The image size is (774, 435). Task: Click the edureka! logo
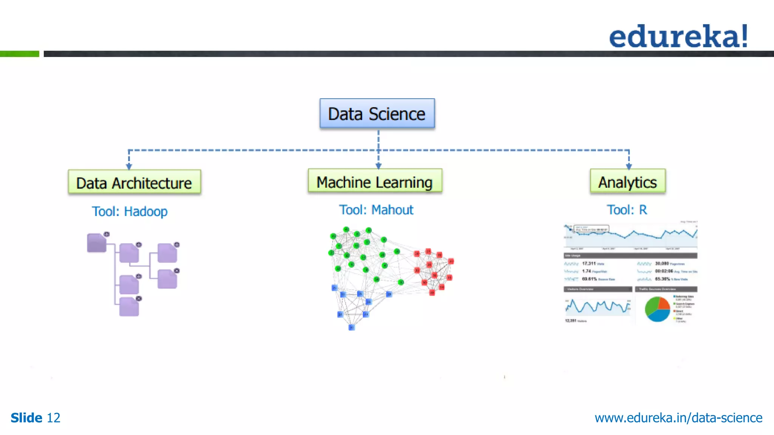click(x=678, y=36)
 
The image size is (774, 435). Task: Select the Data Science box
click(x=377, y=114)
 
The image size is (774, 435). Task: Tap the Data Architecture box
click(x=134, y=183)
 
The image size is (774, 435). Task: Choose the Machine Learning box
click(x=375, y=182)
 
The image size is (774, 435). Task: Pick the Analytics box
click(x=627, y=182)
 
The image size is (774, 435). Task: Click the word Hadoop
click(x=146, y=211)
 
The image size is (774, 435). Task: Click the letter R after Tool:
click(x=643, y=210)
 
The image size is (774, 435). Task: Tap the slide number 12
click(x=53, y=418)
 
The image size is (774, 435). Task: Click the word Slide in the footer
click(x=26, y=418)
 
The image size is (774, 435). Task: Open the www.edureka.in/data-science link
click(x=678, y=418)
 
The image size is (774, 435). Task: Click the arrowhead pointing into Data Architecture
click(x=129, y=167)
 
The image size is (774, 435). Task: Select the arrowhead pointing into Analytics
click(x=629, y=166)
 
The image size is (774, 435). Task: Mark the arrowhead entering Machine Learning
click(x=378, y=166)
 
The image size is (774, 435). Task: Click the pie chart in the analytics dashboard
click(x=657, y=309)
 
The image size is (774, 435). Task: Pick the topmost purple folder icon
click(x=96, y=243)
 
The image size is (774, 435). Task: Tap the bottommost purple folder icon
click(x=129, y=307)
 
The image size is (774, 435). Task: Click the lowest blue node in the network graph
click(x=351, y=327)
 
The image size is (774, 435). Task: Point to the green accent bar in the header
click(x=20, y=54)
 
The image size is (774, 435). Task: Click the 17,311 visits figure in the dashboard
click(x=589, y=264)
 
